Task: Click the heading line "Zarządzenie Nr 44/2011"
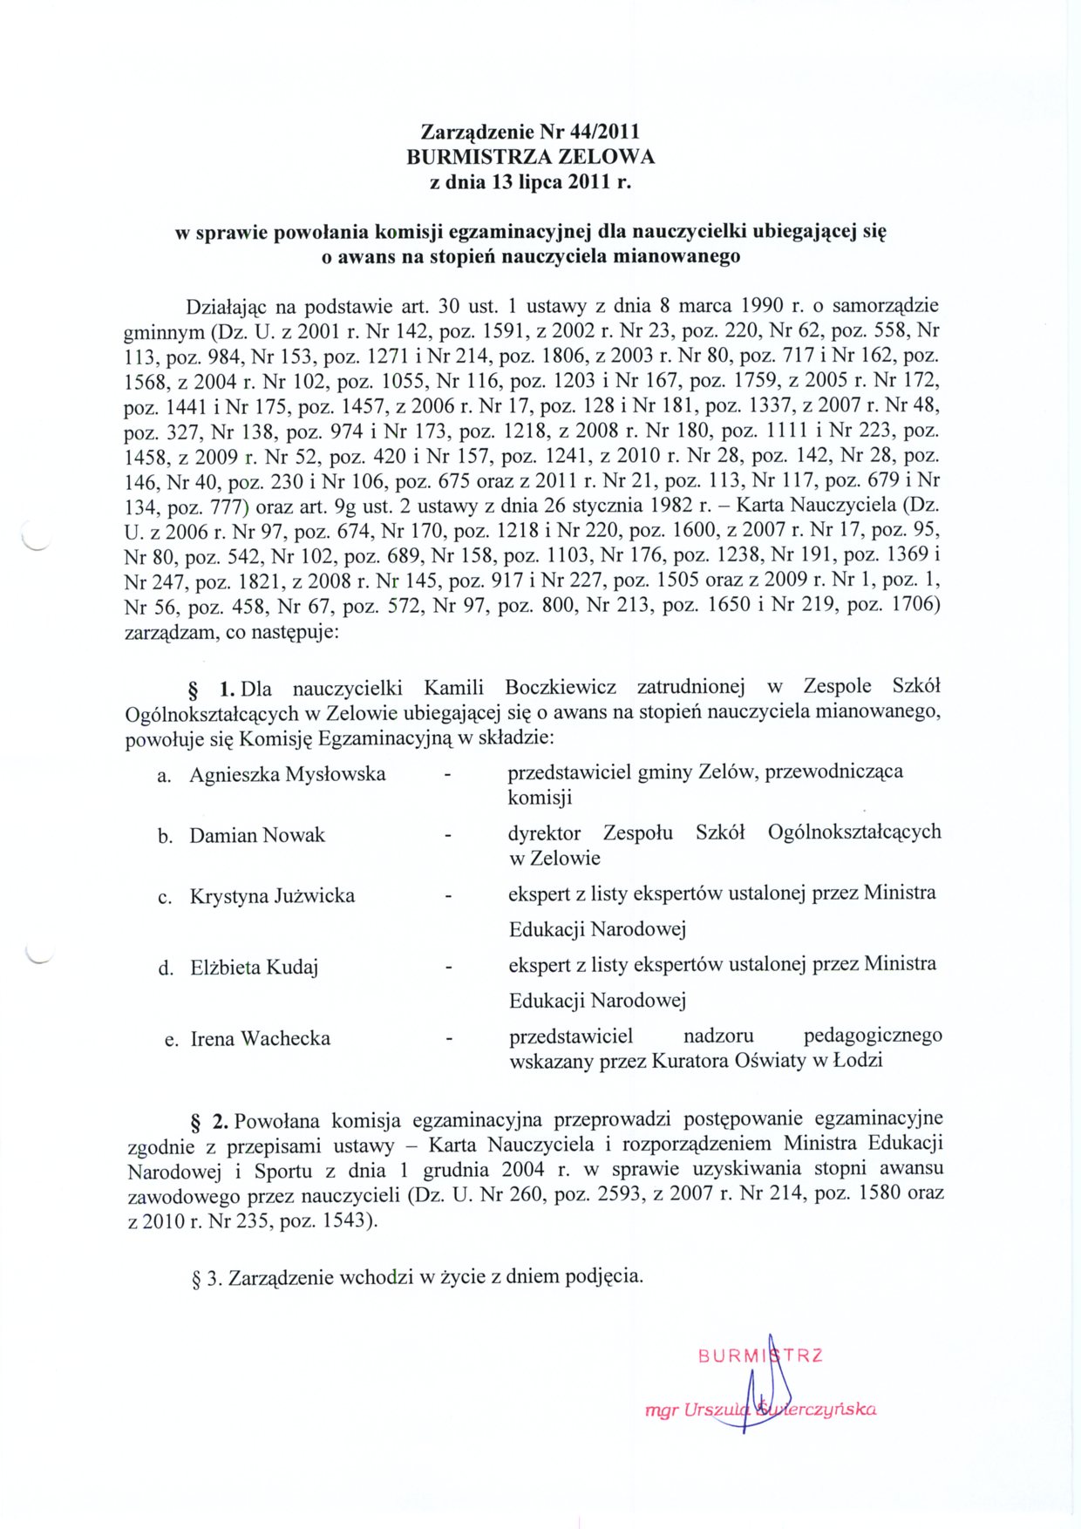click(530, 132)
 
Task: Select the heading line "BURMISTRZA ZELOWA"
click(530, 157)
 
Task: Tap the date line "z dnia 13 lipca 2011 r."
click(530, 182)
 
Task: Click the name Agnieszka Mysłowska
click(288, 774)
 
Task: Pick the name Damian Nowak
click(257, 835)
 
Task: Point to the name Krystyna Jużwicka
click(272, 896)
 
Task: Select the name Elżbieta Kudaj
click(254, 968)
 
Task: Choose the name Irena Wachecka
click(261, 1039)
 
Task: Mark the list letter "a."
click(164, 776)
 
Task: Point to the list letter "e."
click(172, 1040)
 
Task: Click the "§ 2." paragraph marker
click(209, 1120)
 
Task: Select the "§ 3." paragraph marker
click(207, 1279)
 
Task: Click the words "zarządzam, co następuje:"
click(232, 632)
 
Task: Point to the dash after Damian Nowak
click(448, 836)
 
